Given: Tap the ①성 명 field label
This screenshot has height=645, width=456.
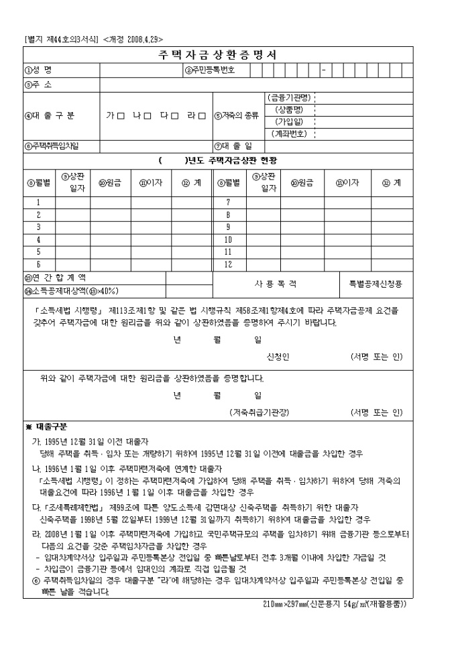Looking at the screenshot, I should [38, 70].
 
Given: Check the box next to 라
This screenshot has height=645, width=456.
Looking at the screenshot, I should [201, 115].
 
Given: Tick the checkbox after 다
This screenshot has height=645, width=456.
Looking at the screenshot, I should [174, 115].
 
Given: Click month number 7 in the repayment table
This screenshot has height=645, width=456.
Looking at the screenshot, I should [228, 202].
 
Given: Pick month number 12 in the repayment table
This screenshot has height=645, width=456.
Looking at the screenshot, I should [228, 264].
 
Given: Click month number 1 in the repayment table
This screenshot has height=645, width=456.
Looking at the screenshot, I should [38, 202].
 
